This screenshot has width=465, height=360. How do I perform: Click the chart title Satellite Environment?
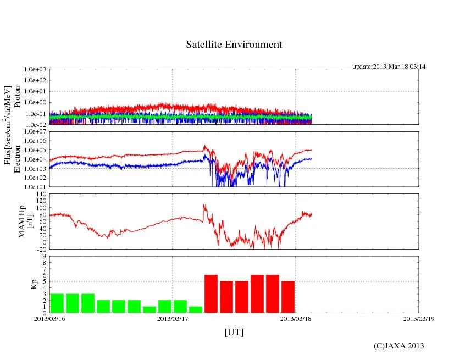pyautogui.click(x=234, y=45)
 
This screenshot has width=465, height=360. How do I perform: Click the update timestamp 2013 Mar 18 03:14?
pyautogui.click(x=389, y=67)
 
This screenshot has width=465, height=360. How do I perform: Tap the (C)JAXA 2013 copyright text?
pyautogui.click(x=398, y=346)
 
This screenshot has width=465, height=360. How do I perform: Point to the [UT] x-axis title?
pyautogui.click(x=234, y=332)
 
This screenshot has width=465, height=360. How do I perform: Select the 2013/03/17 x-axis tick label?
pyautogui.click(x=173, y=318)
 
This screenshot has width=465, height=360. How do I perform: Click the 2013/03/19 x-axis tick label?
pyautogui.click(x=419, y=318)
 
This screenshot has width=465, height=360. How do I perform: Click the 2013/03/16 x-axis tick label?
pyautogui.click(x=49, y=318)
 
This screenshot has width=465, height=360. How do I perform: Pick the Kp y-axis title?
pyautogui.click(x=33, y=284)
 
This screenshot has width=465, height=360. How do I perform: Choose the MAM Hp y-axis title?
pyautogui.click(x=26, y=218)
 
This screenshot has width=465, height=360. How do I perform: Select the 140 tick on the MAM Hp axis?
pyautogui.click(x=40, y=195)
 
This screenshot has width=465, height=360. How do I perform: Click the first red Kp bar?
pyautogui.click(x=211, y=293)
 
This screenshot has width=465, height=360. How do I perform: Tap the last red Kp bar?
pyautogui.click(x=288, y=297)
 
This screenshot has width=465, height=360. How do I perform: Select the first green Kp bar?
pyautogui.click(x=57, y=303)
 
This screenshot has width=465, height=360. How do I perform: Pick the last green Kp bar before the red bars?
pyautogui.click(x=196, y=309)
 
